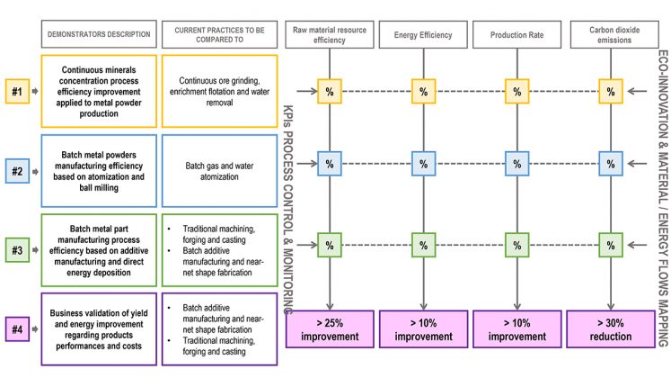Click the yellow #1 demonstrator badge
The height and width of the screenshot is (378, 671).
coord(17,91)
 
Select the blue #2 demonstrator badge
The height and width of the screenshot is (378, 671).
coord(17,171)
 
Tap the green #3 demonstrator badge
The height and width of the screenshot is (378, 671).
coord(17,250)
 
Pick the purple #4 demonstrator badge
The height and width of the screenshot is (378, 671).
coord(17,329)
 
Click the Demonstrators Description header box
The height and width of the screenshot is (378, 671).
coord(99,34)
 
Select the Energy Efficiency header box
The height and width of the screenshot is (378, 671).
coord(423,35)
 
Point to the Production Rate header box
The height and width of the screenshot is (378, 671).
coord(516,35)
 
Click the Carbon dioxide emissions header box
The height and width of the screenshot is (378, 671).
coord(614,35)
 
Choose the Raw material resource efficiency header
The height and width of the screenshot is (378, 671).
coord(329,35)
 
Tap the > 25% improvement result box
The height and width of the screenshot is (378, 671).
coord(330,329)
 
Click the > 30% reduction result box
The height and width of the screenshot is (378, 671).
coord(611,329)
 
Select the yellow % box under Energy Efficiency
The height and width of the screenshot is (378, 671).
coord(423,91)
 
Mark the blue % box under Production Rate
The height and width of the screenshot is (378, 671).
coord(516,164)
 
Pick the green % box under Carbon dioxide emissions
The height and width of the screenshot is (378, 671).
coord(611,245)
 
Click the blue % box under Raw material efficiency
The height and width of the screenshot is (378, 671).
coord(330,164)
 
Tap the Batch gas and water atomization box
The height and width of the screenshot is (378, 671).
coord(219,171)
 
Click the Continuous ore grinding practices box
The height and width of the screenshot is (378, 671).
coord(219,91)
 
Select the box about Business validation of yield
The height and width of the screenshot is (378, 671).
coord(99,329)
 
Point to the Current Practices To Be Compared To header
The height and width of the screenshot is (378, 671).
coord(219,34)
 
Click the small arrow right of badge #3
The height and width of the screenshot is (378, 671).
coord(35,250)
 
